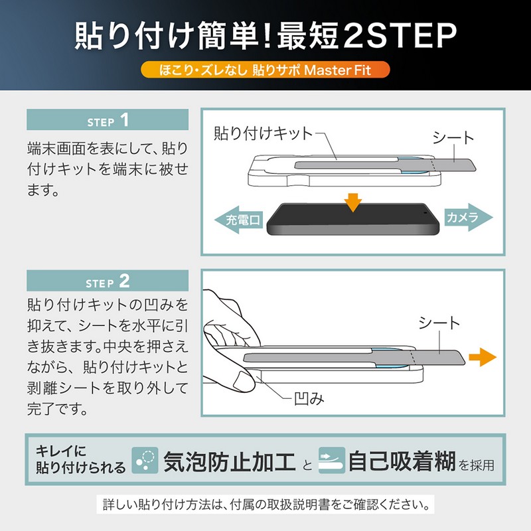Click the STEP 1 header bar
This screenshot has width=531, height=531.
pyautogui.click(x=108, y=119)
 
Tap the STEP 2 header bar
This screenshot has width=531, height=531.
pyautogui.click(x=108, y=281)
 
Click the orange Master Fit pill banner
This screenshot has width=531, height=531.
pyautogui.click(x=265, y=70)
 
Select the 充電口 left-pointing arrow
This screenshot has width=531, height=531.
pyautogui.click(x=239, y=220)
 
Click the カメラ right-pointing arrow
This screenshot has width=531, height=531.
pyautogui.click(x=469, y=217)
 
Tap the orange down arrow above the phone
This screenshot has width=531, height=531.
pyautogui.click(x=353, y=202)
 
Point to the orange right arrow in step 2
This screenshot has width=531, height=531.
pyautogui.click(x=483, y=357)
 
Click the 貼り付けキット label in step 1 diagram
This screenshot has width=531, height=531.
pyautogui.click(x=263, y=133)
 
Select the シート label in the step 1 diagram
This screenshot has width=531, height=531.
pyautogui.click(x=453, y=138)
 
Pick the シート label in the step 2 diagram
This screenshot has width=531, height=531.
pyautogui.click(x=439, y=323)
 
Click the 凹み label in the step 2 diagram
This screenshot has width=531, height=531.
pyautogui.click(x=309, y=399)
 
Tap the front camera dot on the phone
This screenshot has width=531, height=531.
pyautogui.click(x=425, y=213)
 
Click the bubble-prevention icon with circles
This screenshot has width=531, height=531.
pyautogui.click(x=145, y=460)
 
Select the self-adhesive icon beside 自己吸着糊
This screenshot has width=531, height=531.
pyautogui.click(x=332, y=460)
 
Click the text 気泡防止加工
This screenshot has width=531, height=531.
pyautogui.click(x=229, y=461)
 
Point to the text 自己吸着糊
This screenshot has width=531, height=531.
pyautogui.click(x=402, y=461)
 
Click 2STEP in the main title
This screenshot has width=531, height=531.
pyautogui.click(x=400, y=36)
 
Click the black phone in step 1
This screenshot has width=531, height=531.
pyautogui.click(x=353, y=220)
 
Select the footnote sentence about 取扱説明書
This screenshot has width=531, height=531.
pyautogui.click(x=266, y=504)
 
